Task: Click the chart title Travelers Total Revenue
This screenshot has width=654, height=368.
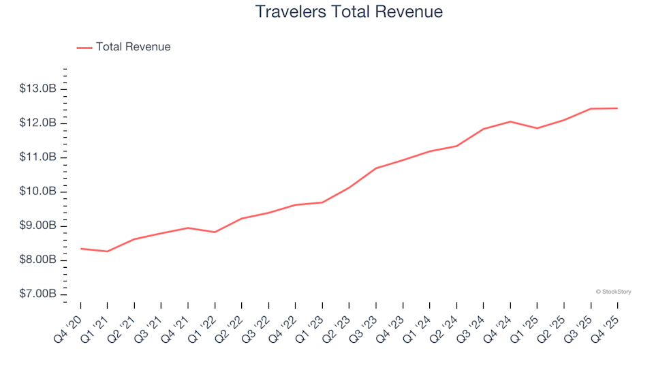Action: pyautogui.click(x=349, y=12)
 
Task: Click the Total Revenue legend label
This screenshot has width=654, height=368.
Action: pyautogui.click(x=133, y=47)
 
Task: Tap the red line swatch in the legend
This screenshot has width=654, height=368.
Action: pyautogui.click(x=84, y=48)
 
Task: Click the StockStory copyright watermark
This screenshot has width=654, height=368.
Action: pyautogui.click(x=613, y=292)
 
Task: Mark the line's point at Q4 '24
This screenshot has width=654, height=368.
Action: pyautogui.click(x=510, y=121)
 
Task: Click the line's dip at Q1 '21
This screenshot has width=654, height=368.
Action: pyautogui.click(x=107, y=251)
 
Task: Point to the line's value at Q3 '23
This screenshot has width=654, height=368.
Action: pyautogui.click(x=376, y=168)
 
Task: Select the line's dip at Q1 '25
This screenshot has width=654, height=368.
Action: pyautogui.click(x=537, y=128)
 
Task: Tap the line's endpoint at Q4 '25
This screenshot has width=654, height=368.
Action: pyautogui.click(x=617, y=108)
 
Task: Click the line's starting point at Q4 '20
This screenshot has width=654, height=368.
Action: pyautogui.click(x=80, y=249)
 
